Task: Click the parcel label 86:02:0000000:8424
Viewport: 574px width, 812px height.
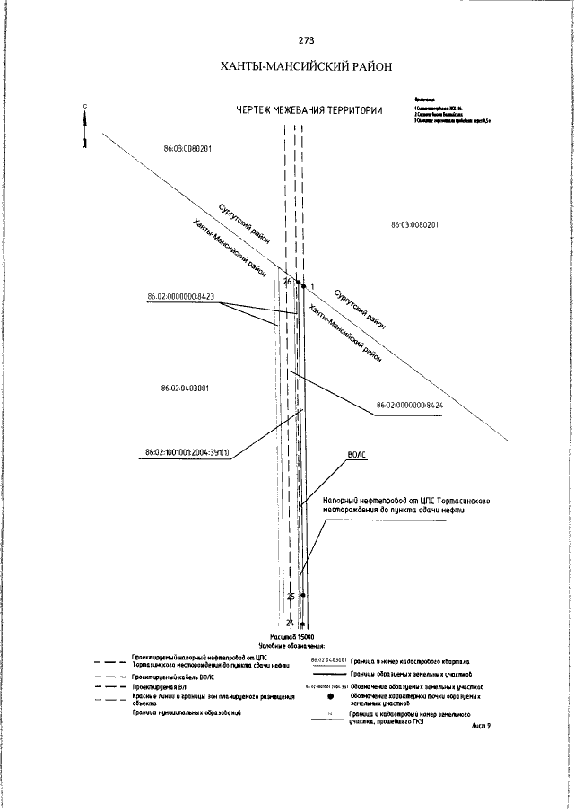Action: [x=410, y=406]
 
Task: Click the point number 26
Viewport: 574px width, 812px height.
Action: [x=287, y=282]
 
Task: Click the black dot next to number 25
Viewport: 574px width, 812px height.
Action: [x=302, y=596]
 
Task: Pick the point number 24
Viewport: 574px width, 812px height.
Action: [x=290, y=622]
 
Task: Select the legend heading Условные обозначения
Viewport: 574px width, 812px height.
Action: [x=291, y=645]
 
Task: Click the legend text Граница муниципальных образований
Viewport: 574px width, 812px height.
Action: [x=176, y=712]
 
